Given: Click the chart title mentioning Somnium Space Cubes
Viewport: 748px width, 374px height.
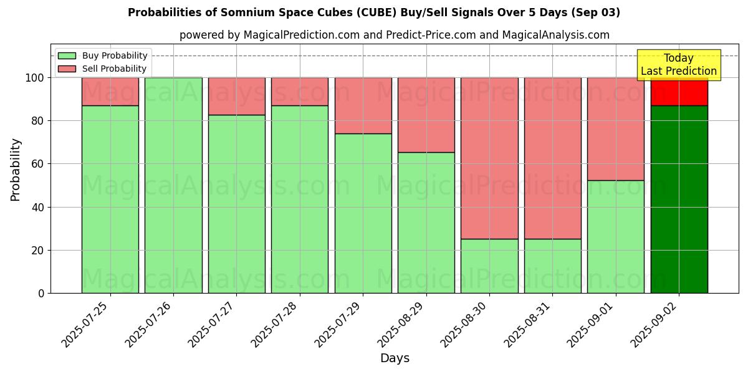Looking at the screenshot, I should [373, 12].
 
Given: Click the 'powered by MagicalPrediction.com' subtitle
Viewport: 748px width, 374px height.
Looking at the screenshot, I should [394, 35].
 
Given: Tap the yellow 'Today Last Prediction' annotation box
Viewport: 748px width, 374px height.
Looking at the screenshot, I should [678, 65].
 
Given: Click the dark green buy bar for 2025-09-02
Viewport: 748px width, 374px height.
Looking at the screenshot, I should [679, 199].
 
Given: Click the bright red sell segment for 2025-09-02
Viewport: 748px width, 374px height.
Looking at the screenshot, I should [679, 92].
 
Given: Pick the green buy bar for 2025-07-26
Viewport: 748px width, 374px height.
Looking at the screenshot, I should [173, 185].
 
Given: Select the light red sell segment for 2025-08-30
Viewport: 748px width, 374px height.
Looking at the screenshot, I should [489, 158].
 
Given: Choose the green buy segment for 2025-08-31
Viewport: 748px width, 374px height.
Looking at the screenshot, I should [552, 266].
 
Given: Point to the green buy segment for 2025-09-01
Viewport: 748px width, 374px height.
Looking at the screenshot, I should [615, 237].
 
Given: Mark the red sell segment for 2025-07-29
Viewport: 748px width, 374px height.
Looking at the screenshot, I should [363, 105].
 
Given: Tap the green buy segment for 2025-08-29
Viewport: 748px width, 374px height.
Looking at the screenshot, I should [426, 223].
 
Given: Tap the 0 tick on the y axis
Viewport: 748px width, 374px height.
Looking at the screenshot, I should [41, 293].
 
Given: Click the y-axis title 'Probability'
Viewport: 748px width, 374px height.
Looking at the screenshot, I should [16, 170].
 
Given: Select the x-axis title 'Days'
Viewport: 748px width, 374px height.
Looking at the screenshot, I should [395, 358].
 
